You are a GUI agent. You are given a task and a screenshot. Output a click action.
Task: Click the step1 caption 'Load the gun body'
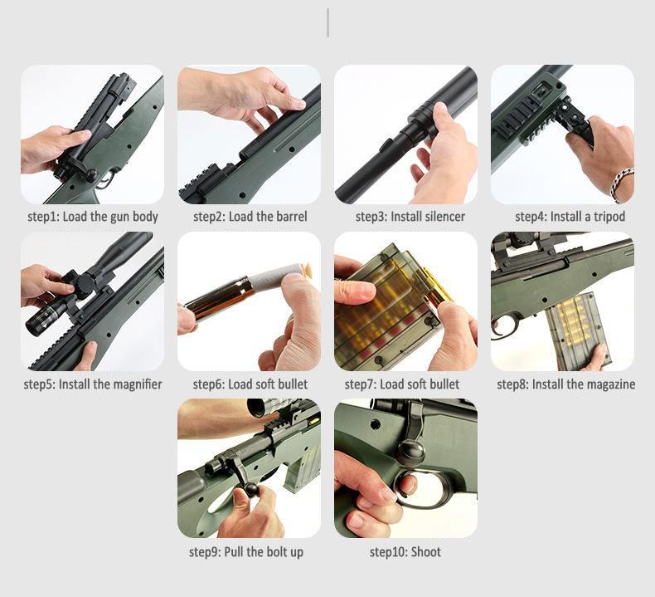(108, 217)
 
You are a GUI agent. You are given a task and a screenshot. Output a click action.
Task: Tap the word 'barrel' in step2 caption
(289, 217)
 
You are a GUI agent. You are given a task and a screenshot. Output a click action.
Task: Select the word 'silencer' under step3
(443, 217)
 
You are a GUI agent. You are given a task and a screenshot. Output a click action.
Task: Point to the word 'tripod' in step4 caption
(607, 217)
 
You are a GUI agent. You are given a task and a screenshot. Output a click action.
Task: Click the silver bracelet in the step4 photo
(621, 183)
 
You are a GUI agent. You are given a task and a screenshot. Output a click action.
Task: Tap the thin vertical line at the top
(327, 23)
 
